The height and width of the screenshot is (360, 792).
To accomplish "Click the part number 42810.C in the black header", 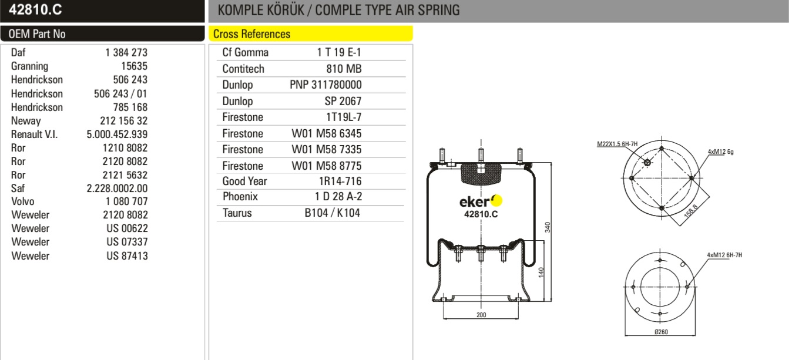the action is point(35,9).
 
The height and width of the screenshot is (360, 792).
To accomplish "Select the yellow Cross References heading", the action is point(251,34).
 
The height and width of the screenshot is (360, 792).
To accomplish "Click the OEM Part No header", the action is point(37,34).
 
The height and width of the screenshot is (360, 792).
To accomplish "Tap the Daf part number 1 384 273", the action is point(126,52).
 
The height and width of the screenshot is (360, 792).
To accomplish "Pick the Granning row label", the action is point(30,66).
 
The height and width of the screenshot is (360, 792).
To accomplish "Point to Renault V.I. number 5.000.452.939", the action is point(117,134).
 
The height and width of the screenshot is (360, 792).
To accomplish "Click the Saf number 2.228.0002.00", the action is point(117,189).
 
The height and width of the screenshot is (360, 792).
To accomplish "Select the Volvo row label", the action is point(23,201).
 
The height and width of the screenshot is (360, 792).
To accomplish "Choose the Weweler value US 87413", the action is point(127,256).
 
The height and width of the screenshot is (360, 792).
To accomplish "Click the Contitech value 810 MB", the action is point(344,69).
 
